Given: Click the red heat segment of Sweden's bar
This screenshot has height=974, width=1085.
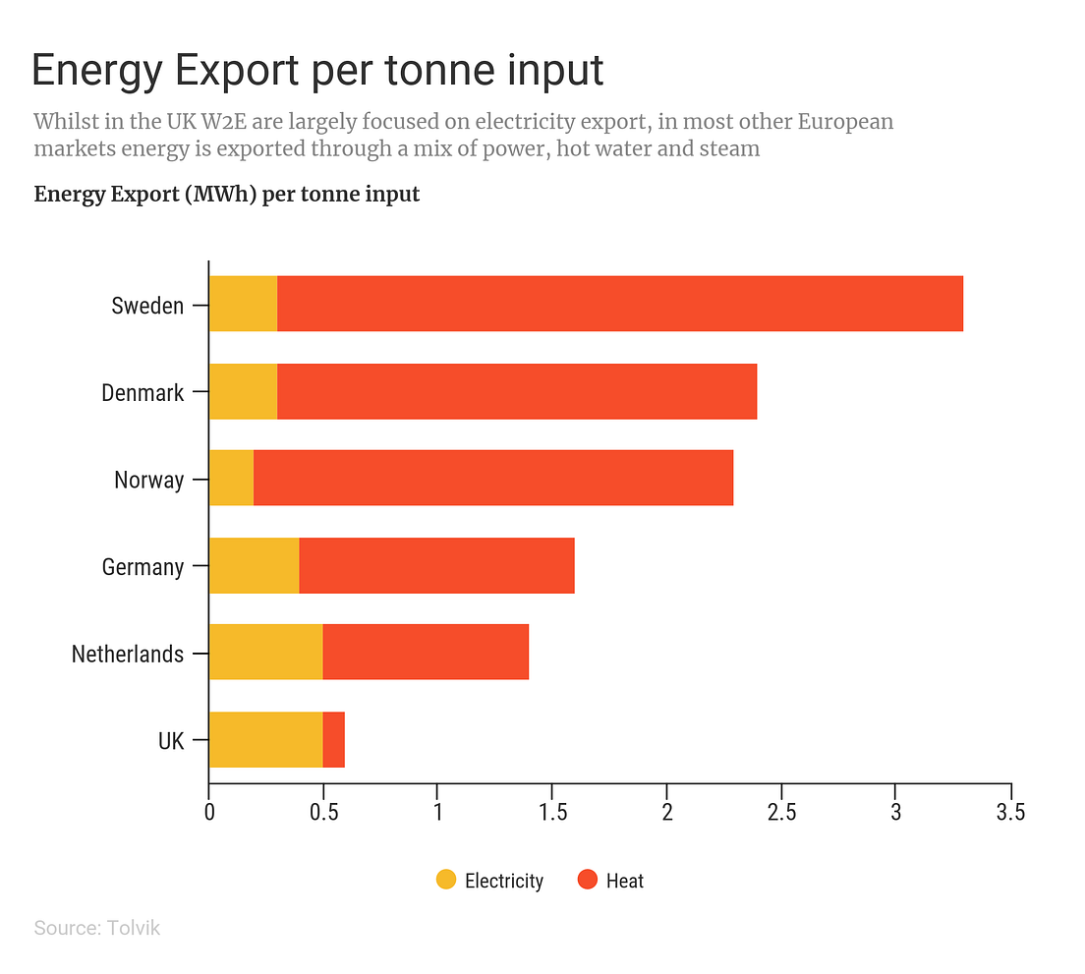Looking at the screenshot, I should (619, 304).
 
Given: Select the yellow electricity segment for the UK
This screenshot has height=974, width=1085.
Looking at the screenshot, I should (265, 739).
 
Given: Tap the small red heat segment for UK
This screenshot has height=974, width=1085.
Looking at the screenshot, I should (334, 739).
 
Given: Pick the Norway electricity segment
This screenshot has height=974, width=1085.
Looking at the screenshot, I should (231, 478).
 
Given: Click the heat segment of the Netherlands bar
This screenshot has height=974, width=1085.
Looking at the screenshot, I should (426, 652).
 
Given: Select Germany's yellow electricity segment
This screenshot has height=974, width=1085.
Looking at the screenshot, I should (254, 565).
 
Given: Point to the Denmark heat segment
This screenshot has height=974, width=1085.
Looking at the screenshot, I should (516, 391).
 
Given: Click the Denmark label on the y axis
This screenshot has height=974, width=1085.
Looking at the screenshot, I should (143, 393).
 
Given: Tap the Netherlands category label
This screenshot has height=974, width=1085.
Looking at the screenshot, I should (128, 654).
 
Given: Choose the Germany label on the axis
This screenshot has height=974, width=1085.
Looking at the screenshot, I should (143, 567).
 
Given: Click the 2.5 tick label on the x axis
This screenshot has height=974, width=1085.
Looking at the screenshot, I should (781, 813).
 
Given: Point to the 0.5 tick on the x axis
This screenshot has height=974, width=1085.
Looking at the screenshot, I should (323, 813).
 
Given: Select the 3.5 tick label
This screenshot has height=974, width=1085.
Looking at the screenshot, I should (1010, 813).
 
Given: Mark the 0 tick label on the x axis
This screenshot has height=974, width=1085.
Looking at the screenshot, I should (209, 813).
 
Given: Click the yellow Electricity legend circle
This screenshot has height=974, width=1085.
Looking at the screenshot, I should (446, 880).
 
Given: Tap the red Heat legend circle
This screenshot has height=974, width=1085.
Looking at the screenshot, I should (588, 880).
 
